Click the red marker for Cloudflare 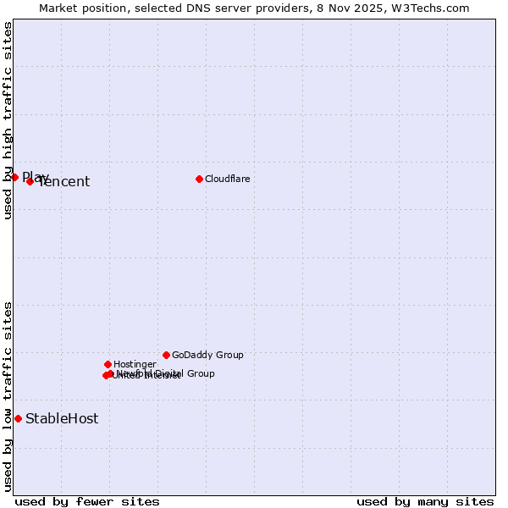(199, 179)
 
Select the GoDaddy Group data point (166, 355)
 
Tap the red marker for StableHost (18, 418)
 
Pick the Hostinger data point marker (108, 364)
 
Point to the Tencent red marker (30, 181)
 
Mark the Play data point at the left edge (14, 177)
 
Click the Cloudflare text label (227, 179)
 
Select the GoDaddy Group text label (207, 355)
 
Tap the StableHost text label (62, 418)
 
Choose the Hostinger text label (135, 364)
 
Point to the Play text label (36, 176)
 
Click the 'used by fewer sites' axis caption (87, 501)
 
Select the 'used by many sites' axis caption (425, 501)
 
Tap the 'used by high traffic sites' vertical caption (8, 120)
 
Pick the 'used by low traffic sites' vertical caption (8, 396)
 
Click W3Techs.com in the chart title (435, 8)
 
